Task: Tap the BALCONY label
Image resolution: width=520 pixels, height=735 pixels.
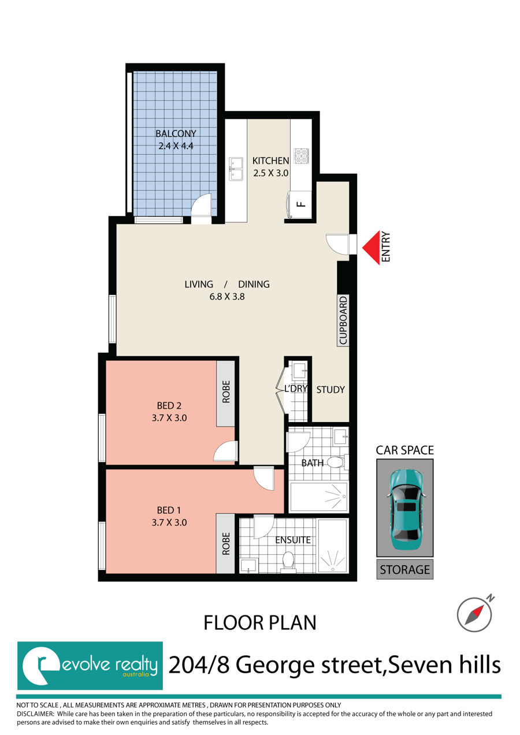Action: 176,133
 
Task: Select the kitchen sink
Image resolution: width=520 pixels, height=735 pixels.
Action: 236,169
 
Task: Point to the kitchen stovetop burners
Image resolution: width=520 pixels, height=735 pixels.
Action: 302,156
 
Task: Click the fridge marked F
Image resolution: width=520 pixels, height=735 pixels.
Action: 299,204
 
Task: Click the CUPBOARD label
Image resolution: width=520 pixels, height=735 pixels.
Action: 343,320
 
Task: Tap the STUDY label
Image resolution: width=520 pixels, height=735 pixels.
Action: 330,390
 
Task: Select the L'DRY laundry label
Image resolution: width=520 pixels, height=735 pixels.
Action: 296,389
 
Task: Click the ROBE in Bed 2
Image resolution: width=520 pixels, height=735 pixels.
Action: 225,393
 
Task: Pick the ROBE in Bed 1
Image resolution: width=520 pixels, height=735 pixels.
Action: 225,543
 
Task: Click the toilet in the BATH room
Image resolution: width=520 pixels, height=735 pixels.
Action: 338,462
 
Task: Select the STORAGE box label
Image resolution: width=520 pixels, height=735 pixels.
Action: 405,569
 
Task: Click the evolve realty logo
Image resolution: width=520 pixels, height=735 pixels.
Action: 90,666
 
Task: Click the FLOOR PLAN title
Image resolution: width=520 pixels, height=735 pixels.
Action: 259,622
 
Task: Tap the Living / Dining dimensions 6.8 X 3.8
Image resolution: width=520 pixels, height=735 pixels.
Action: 227,297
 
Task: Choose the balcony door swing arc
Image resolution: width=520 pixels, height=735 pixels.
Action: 202,204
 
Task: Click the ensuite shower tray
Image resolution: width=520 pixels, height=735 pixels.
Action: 333,546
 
